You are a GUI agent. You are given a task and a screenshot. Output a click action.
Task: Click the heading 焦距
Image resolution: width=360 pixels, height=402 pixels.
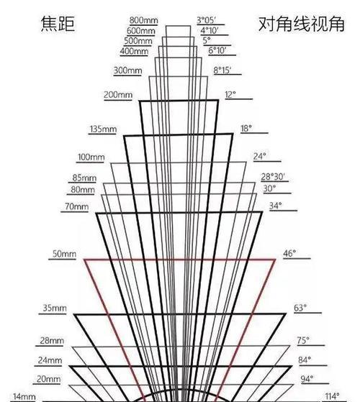click(x=58, y=24)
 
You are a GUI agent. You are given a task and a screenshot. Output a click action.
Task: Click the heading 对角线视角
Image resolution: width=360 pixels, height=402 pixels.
click(x=301, y=24)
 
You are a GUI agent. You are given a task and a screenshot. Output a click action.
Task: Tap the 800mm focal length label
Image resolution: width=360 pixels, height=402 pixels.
click(x=144, y=20)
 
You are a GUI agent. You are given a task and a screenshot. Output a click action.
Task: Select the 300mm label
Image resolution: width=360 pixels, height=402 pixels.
click(x=127, y=70)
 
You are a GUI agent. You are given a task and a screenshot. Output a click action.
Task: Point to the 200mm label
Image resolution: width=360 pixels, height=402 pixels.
click(x=118, y=95)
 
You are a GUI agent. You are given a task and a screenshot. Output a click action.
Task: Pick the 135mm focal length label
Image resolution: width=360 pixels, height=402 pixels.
click(x=103, y=129)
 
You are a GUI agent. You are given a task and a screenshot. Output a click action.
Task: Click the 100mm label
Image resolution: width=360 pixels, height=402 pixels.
click(x=91, y=157)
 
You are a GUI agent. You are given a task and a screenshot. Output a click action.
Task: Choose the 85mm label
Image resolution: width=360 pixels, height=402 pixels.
click(x=84, y=178)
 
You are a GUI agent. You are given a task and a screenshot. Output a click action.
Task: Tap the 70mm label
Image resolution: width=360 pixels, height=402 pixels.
click(x=77, y=206)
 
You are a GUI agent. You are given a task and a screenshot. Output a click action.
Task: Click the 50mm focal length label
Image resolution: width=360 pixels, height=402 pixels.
click(x=64, y=254)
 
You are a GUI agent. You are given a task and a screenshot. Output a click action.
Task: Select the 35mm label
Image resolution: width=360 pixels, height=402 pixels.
click(x=55, y=308)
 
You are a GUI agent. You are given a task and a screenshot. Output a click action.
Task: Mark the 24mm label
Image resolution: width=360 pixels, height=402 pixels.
click(x=50, y=360)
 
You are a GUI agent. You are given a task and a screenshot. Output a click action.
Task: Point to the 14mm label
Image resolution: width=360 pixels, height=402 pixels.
click(x=24, y=396)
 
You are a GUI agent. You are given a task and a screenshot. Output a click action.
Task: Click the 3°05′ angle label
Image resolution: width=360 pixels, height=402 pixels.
click(x=207, y=20)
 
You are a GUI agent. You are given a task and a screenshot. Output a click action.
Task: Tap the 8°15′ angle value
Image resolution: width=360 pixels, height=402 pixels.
click(x=222, y=70)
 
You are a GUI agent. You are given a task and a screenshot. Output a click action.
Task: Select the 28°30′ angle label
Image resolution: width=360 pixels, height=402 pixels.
click(x=273, y=177)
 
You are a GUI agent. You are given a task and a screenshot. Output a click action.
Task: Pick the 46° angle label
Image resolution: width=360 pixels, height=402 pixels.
click(x=289, y=254)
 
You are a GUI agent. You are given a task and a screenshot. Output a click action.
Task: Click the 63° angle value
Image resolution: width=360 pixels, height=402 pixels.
click(x=300, y=308)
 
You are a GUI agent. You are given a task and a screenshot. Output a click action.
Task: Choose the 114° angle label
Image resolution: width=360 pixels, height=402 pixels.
click(x=333, y=396)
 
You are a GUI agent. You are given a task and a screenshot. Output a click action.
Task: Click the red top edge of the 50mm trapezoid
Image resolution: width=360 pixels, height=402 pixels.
click(x=180, y=260)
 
